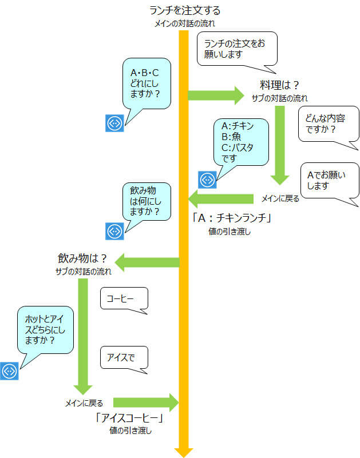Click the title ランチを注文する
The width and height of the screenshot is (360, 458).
pos(185,10)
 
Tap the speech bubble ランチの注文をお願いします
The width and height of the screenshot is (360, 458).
pos(237,49)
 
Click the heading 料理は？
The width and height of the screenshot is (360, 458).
pos(279,85)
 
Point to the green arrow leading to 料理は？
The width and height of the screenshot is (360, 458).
pos(216,95)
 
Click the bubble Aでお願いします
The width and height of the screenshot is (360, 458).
pos(330,181)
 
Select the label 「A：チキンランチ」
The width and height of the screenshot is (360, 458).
pos(232,218)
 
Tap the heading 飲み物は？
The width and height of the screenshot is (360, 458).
pos(82,258)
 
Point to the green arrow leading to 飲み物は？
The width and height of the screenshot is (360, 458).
pos(147,262)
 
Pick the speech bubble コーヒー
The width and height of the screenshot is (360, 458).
pos(124,298)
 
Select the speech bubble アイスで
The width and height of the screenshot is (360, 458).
pos(124,357)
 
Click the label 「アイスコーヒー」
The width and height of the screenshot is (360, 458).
pos(129,418)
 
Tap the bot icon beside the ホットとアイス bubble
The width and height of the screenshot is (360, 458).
pos(9,371)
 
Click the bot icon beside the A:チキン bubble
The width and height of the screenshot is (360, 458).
pos(207,180)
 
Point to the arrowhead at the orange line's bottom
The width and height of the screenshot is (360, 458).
pos(184,452)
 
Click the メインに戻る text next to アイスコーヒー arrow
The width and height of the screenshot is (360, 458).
pos(84,403)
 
